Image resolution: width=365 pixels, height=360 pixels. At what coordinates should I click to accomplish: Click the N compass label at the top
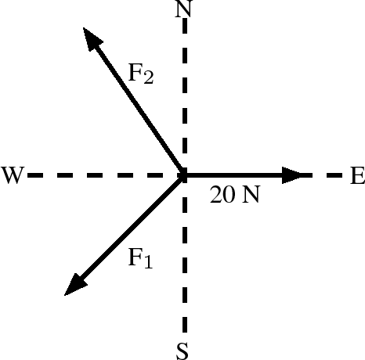click(x=184, y=9)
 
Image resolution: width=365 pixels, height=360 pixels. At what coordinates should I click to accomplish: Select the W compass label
click(x=13, y=175)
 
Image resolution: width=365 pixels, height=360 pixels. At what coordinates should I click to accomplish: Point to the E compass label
click(x=357, y=175)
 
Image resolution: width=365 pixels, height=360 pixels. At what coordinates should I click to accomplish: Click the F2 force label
click(x=141, y=74)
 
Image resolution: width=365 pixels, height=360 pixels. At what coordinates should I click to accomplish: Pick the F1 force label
click(x=140, y=257)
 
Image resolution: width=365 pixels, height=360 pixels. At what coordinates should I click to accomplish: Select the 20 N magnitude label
click(x=235, y=194)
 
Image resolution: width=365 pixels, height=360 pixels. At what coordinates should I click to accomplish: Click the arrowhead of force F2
click(x=92, y=38)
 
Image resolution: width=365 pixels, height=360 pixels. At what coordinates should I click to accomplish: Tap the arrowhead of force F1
click(x=75, y=284)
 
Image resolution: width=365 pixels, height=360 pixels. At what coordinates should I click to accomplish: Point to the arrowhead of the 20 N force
click(x=292, y=175)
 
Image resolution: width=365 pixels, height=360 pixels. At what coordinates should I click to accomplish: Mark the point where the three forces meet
click(x=184, y=175)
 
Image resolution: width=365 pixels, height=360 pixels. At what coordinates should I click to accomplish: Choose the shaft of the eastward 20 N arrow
click(x=233, y=175)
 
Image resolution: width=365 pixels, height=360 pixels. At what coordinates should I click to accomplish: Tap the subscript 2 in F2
click(x=149, y=77)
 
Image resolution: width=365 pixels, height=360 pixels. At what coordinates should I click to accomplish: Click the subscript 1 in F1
click(x=148, y=262)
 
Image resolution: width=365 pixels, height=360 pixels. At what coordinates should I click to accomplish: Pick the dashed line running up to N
click(x=185, y=94)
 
